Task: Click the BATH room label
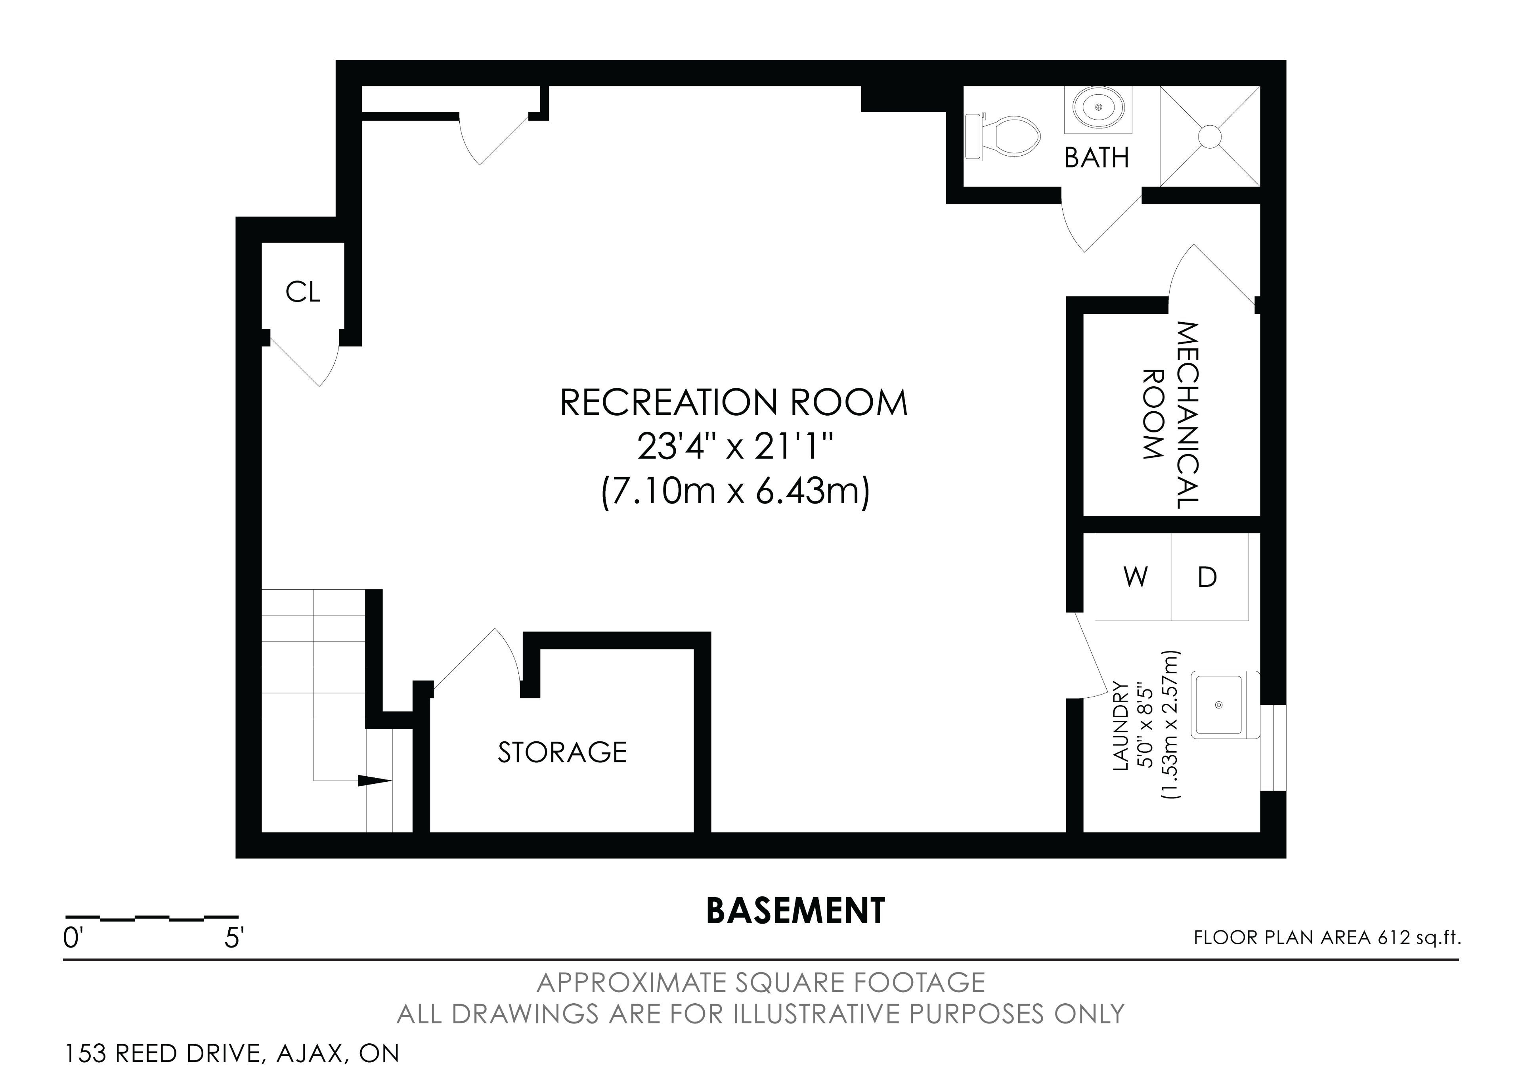pos(1096,158)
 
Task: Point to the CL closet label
pos(303,292)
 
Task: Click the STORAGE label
pos(562,752)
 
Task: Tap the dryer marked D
pos(1210,577)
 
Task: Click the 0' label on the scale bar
pos(72,938)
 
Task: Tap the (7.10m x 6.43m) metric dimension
pos(734,493)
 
